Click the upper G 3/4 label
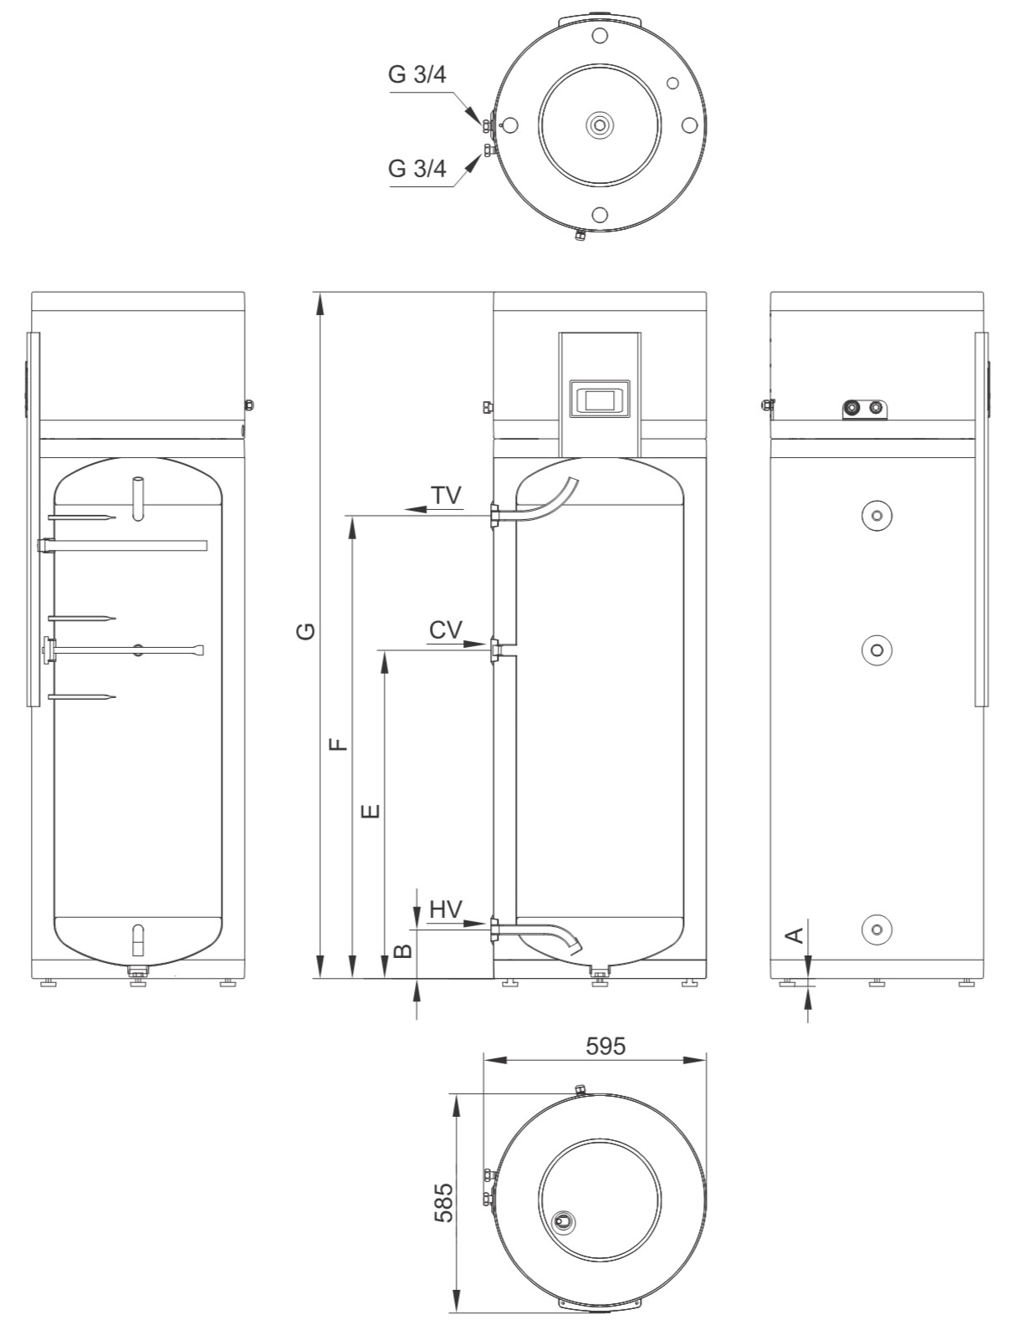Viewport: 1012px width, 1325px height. coord(417,75)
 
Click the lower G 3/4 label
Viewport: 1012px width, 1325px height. coord(417,169)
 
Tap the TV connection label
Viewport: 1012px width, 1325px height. coord(447,495)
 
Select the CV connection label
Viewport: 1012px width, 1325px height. coord(446,629)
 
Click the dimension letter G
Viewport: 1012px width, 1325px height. coord(307,631)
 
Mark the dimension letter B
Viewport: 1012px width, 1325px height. coord(403,950)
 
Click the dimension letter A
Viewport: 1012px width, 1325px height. coord(796,935)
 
